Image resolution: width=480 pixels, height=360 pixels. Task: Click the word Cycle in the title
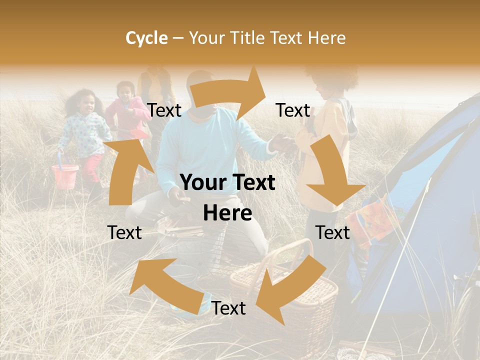[x=146, y=38]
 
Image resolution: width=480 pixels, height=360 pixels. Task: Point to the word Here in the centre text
[x=227, y=213]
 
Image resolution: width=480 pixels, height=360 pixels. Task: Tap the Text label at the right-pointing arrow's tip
[x=293, y=110]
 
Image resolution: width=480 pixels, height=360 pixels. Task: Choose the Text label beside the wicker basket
[x=228, y=308]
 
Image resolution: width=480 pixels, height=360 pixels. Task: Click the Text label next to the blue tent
[x=332, y=232]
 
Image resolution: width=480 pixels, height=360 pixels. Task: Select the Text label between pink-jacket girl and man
[x=164, y=110]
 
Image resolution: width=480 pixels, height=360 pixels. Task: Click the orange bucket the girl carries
[x=65, y=176]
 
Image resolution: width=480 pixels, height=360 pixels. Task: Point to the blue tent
[x=430, y=200]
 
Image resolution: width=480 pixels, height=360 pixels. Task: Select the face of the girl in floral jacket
[x=86, y=103]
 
